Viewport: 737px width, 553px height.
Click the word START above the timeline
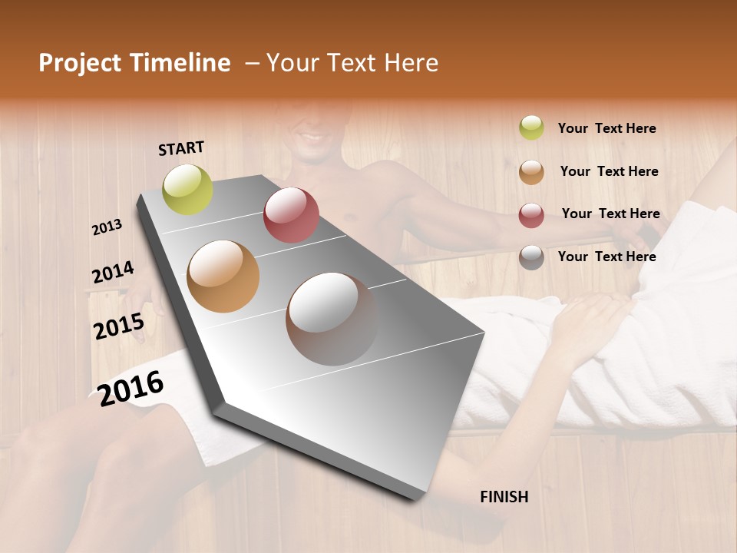click(x=181, y=148)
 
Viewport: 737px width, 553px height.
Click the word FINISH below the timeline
click(x=504, y=497)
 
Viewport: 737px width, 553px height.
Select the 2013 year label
click(x=107, y=227)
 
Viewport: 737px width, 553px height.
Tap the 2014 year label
click(x=113, y=273)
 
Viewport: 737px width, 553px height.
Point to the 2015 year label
click(x=118, y=326)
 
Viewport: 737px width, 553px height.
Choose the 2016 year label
click(x=131, y=388)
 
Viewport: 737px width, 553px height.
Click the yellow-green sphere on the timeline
click(x=187, y=189)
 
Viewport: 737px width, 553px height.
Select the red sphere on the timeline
click(x=291, y=215)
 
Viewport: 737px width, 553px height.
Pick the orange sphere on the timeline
click(x=223, y=276)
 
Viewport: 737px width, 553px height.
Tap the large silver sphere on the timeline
click(x=332, y=319)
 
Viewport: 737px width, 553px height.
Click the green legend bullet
click(x=531, y=128)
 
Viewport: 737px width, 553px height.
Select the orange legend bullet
click(x=531, y=172)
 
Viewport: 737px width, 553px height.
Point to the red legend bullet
click(x=531, y=215)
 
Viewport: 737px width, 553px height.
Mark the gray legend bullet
click(x=531, y=257)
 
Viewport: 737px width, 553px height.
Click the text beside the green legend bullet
click(x=606, y=128)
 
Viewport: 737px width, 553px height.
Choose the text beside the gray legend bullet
click(x=606, y=257)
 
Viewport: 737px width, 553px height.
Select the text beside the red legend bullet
click(x=610, y=214)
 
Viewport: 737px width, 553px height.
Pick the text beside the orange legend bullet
click(x=609, y=171)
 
